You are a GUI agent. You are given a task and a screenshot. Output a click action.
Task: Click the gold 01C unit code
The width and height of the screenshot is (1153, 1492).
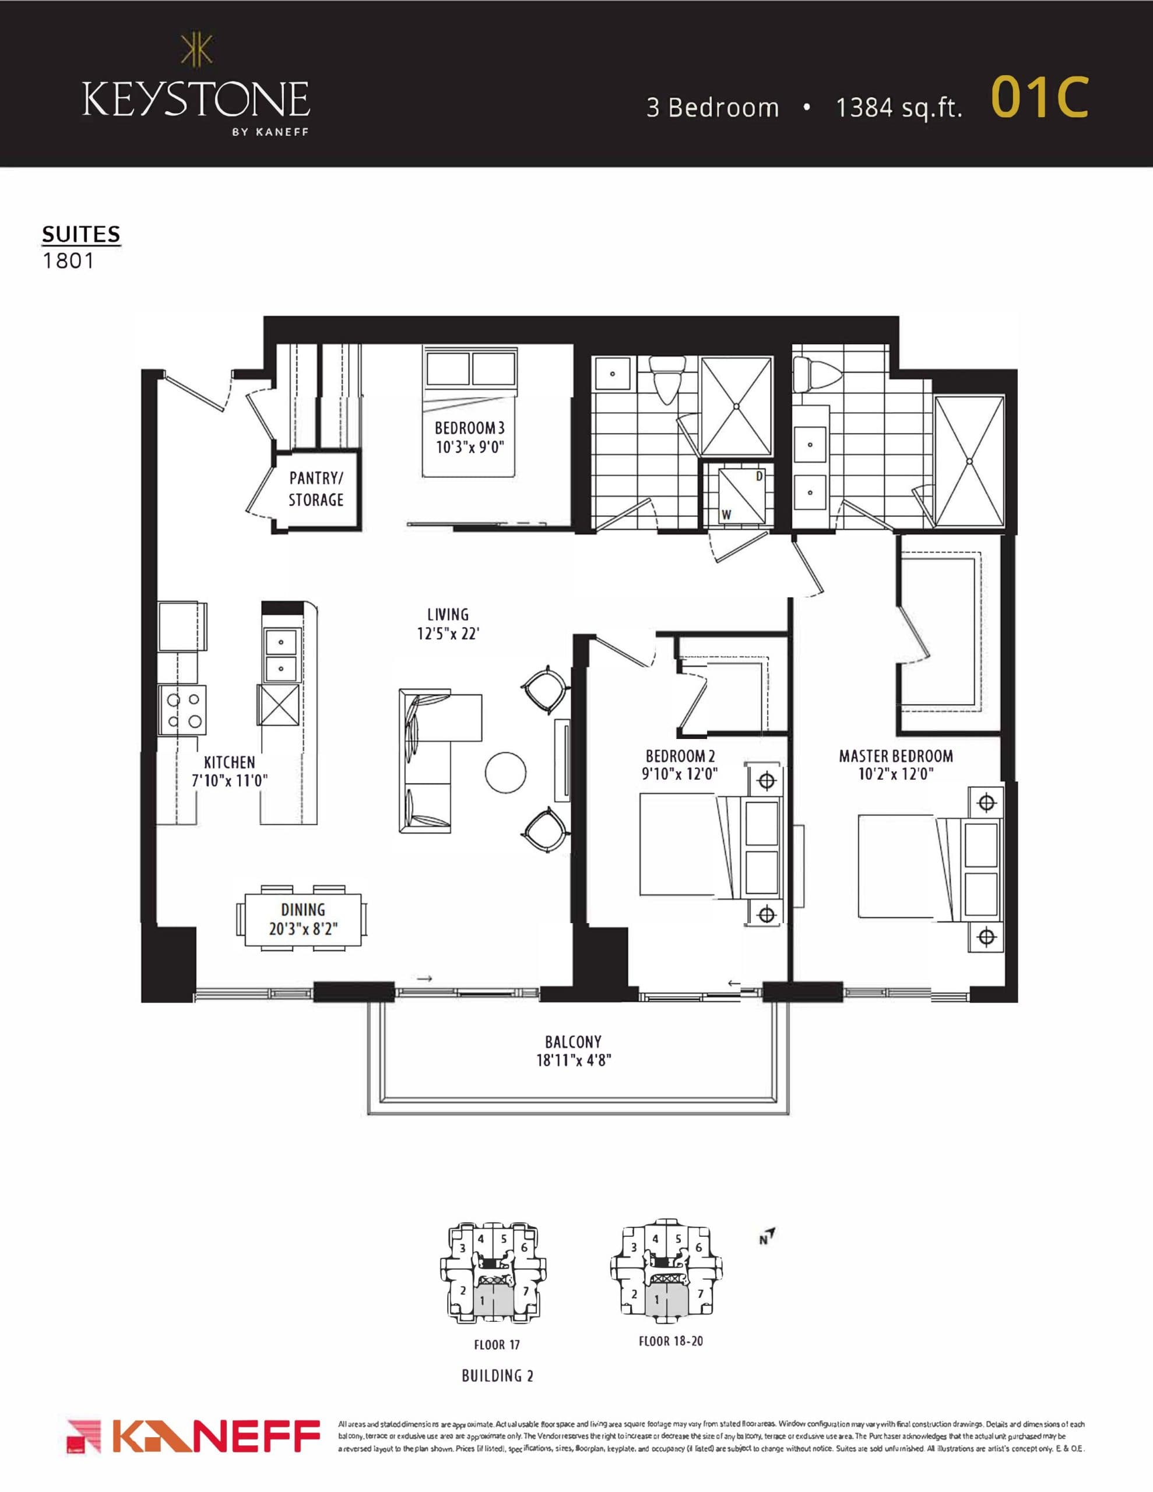click(x=1038, y=98)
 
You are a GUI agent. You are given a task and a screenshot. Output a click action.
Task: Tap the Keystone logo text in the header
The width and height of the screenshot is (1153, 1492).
click(x=196, y=100)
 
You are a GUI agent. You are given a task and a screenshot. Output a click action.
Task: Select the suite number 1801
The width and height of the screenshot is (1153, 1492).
click(x=68, y=261)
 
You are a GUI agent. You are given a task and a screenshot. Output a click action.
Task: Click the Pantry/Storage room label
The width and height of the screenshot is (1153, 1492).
click(x=316, y=488)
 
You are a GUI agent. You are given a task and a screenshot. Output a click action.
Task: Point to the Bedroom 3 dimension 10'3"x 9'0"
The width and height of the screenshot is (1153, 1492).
click(x=470, y=448)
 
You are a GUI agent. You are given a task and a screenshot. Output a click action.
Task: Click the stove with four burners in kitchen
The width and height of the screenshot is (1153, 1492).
click(x=183, y=710)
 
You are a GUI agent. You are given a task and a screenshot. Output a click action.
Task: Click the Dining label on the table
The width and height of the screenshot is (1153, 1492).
click(x=303, y=909)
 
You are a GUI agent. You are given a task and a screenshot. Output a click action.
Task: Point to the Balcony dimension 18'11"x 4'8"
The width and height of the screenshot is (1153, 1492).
click(x=573, y=1060)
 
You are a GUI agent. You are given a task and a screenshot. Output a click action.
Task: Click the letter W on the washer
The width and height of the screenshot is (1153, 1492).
click(x=726, y=515)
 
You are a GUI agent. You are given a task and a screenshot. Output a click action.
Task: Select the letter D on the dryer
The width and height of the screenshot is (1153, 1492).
click(x=758, y=476)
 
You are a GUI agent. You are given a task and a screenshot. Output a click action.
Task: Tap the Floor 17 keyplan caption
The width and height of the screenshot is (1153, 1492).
click(x=497, y=1345)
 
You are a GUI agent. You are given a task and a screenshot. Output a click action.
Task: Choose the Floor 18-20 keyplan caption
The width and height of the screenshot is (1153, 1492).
click(x=670, y=1341)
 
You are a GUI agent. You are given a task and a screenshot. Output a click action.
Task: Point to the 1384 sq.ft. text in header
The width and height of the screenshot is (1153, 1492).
click(x=899, y=108)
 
